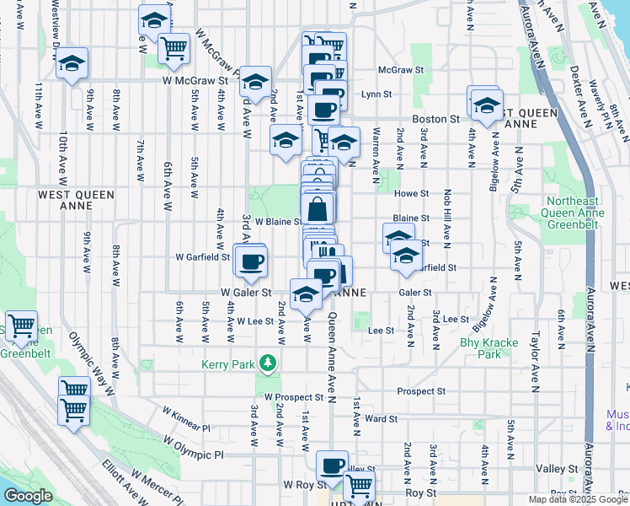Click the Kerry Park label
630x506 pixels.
click(x=227, y=364)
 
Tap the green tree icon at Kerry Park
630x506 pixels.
click(x=268, y=363)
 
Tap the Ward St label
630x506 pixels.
click(x=381, y=418)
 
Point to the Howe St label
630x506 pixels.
click(x=412, y=193)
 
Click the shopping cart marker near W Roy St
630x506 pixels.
click(x=359, y=485)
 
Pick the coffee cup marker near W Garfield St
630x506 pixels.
click(x=250, y=261)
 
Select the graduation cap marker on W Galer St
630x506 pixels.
click(x=306, y=295)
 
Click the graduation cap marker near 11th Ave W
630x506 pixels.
click(x=72, y=62)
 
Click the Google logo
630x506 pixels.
click(x=28, y=496)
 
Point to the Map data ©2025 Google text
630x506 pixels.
click(x=577, y=499)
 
